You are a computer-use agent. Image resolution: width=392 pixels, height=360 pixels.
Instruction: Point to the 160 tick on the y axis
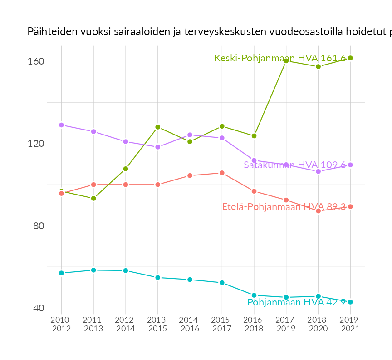click(x=36, y=61)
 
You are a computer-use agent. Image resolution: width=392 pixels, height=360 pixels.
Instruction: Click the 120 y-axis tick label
click(x=36, y=144)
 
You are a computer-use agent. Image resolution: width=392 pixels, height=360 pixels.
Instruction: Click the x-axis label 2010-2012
click(x=61, y=325)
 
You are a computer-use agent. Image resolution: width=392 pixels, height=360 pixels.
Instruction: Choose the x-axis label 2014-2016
click(x=190, y=325)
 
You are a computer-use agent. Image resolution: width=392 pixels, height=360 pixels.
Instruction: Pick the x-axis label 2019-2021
click(x=350, y=325)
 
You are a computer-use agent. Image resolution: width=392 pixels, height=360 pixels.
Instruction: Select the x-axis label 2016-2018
click(x=254, y=325)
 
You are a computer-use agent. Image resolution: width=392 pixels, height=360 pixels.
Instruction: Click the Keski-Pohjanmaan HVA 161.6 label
click(x=280, y=58)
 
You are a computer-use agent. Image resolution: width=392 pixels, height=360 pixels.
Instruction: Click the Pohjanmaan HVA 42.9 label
click(x=297, y=302)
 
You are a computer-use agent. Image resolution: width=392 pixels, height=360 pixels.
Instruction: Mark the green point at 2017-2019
click(x=286, y=61)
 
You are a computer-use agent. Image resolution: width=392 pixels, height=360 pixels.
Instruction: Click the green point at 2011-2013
click(x=93, y=198)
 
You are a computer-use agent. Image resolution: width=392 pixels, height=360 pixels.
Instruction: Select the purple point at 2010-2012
click(x=61, y=125)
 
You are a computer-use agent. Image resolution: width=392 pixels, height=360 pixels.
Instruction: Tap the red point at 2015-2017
click(x=222, y=173)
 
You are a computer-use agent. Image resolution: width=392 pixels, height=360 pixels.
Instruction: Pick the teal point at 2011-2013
click(x=93, y=270)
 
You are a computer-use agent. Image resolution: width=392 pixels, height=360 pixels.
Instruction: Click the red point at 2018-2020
click(x=318, y=211)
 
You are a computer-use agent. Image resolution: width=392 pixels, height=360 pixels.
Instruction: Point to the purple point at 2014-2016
click(x=190, y=135)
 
